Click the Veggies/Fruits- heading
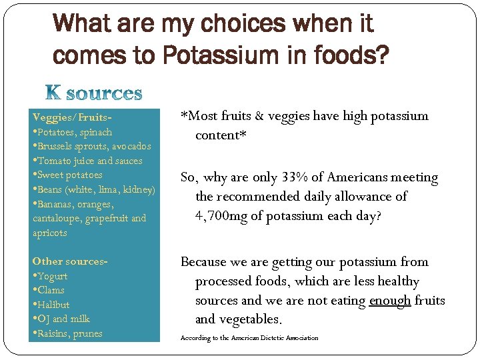click(71, 117)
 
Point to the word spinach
click(96, 132)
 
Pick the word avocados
click(131, 146)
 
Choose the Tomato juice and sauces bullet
click(89, 161)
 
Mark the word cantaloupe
click(57, 219)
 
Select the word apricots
click(50, 233)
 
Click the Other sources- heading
click(69, 261)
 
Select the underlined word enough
click(390, 301)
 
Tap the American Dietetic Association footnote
click(249, 338)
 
